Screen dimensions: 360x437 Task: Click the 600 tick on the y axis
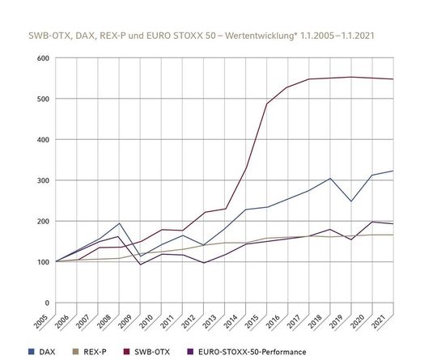click(41, 58)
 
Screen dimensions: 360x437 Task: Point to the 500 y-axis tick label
click(41, 99)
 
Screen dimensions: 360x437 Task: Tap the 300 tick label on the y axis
click(41, 180)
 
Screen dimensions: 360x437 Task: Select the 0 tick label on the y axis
click(46, 303)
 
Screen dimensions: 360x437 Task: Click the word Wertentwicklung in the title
click(269, 37)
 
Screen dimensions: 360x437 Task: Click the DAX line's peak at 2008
click(120, 223)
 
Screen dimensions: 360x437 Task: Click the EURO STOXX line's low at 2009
click(139, 265)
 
